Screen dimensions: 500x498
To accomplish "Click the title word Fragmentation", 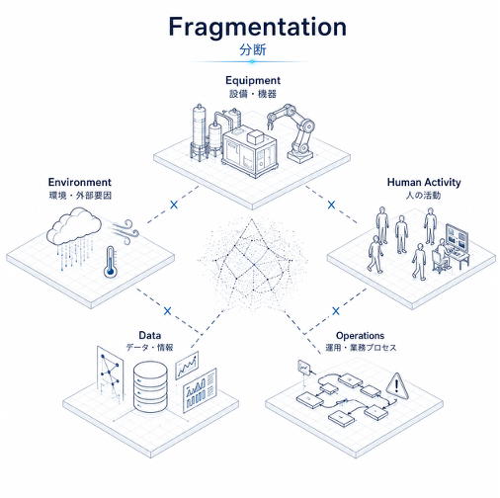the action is [x=257, y=28].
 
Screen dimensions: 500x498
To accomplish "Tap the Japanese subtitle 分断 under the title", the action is [x=253, y=50].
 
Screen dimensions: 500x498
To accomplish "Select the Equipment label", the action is [x=253, y=80].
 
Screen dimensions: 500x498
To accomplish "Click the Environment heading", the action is [x=80, y=182].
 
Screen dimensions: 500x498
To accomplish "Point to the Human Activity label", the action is [x=424, y=182].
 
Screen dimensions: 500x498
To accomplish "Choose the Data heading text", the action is [x=150, y=335].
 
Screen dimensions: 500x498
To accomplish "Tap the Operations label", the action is [x=360, y=336].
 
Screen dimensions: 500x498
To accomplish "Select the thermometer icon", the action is [x=110, y=263].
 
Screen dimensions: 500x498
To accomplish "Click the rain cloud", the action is [x=74, y=226].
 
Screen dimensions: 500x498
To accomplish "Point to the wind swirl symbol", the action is [x=125, y=231].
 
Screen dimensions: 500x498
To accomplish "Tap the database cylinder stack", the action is [x=150, y=386].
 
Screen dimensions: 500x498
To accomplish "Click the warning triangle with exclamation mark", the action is [x=397, y=386].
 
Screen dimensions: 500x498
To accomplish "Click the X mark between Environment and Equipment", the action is [x=174, y=205].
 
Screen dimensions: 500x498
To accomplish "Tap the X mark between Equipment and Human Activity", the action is [x=331, y=205].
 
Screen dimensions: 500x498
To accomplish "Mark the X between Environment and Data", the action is [x=168, y=310].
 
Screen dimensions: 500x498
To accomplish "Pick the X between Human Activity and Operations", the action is [x=336, y=310].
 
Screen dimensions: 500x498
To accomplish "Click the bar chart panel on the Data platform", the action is [x=200, y=390].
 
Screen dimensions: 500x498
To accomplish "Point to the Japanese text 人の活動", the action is [x=424, y=196].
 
